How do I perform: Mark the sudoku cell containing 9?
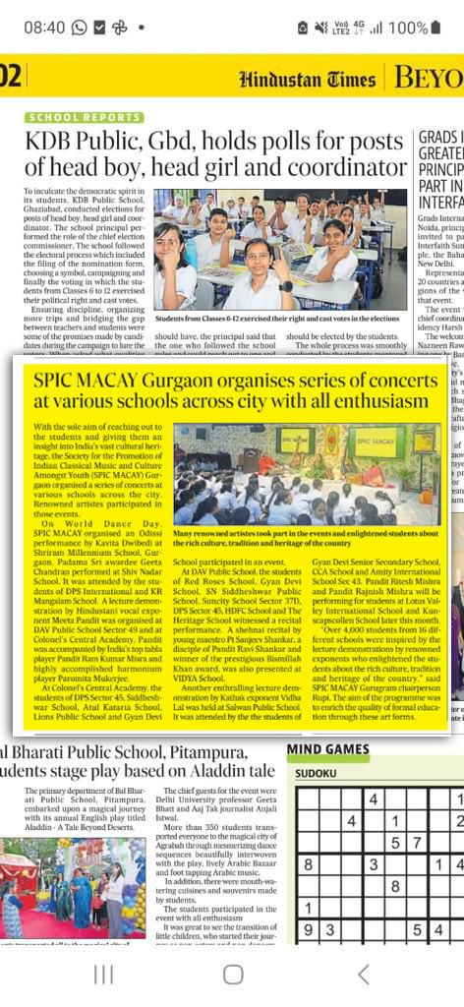click(x=308, y=929)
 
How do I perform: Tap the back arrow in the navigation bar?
click(x=364, y=974)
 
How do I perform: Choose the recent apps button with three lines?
click(x=103, y=974)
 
